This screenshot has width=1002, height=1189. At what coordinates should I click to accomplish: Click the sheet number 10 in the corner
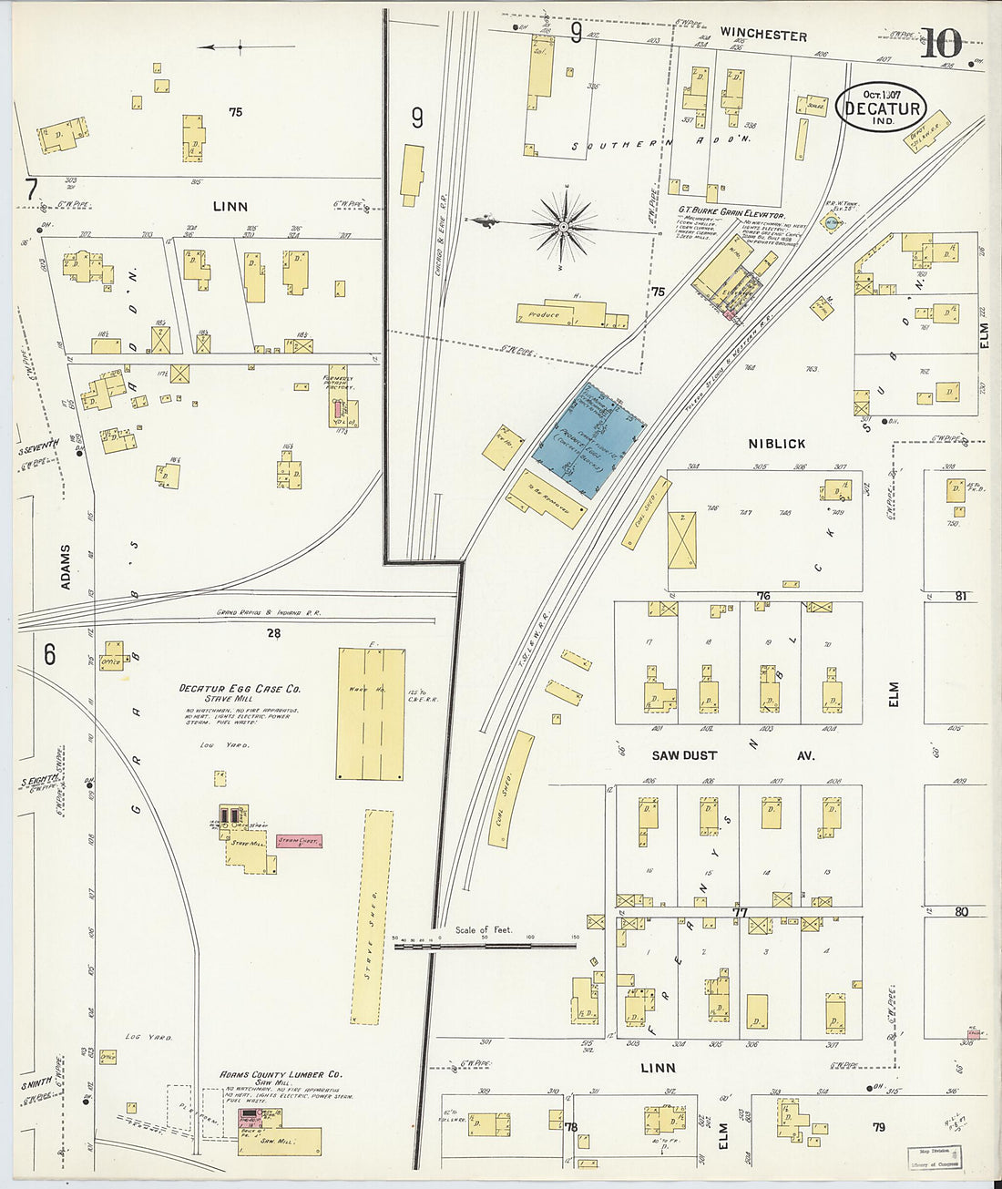click(940, 43)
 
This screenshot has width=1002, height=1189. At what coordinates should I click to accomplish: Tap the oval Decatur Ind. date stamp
click(881, 108)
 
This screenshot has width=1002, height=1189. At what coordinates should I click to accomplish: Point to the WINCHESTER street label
click(762, 35)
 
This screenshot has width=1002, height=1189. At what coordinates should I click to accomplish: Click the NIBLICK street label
click(776, 444)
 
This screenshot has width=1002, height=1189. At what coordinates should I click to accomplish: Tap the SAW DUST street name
click(684, 755)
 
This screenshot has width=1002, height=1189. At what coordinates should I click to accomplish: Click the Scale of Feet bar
click(485, 946)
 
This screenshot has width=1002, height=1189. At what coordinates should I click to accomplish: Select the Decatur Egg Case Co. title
click(240, 690)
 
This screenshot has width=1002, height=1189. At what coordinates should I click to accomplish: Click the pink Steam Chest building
click(299, 841)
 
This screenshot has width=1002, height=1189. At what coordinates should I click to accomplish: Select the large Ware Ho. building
click(370, 713)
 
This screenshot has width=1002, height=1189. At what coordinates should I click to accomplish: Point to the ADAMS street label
click(66, 567)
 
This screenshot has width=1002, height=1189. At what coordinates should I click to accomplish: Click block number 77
click(739, 911)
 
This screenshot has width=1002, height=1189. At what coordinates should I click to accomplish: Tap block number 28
click(273, 632)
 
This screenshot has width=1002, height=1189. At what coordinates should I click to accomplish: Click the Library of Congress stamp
click(934, 1157)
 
